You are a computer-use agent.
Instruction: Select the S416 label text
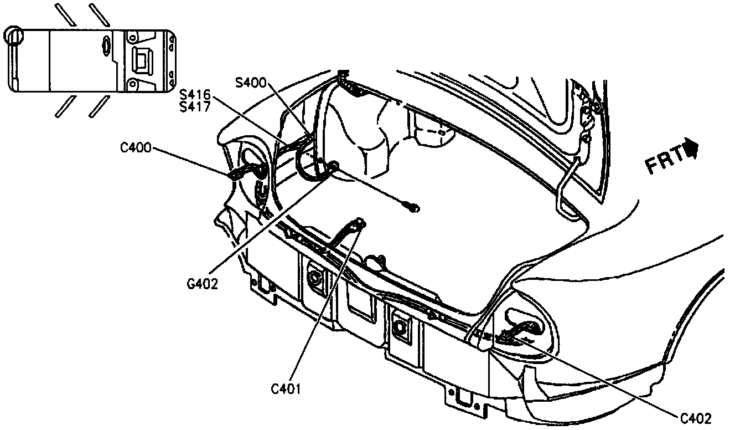[x=195, y=96]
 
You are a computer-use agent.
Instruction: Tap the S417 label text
[x=195, y=107]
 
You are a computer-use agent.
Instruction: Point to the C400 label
[x=135, y=149]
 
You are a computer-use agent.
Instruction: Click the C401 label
[x=286, y=388]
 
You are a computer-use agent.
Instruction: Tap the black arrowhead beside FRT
[x=691, y=149]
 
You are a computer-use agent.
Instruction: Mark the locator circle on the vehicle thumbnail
[x=14, y=37]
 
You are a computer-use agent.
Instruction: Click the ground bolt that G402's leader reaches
[x=333, y=166]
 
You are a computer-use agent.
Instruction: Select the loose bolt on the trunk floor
[x=412, y=207]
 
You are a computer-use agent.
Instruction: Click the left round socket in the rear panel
[x=315, y=277]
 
